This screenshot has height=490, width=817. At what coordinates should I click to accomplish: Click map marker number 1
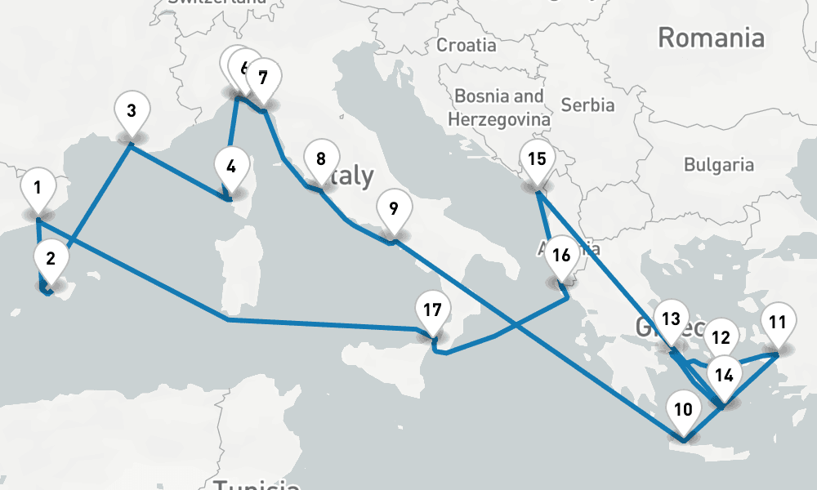click(x=38, y=189)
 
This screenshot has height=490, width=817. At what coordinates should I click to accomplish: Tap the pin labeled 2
click(x=51, y=261)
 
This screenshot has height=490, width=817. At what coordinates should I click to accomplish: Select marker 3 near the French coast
click(x=131, y=109)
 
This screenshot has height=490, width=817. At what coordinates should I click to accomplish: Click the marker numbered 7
click(x=263, y=79)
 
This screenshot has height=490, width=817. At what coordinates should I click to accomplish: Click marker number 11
click(x=778, y=322)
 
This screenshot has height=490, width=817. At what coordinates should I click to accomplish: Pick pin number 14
click(x=724, y=376)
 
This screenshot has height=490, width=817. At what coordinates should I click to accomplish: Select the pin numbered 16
click(x=561, y=256)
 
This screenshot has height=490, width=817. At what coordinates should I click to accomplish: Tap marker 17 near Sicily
click(x=433, y=311)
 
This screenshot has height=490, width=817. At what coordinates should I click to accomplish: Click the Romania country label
click(x=711, y=38)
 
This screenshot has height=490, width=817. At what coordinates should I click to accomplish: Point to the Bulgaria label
click(x=719, y=165)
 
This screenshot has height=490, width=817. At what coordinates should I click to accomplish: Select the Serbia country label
click(x=588, y=105)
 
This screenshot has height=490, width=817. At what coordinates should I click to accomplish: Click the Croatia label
click(x=466, y=45)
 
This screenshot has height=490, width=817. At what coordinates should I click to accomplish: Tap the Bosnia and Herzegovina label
click(x=499, y=107)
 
